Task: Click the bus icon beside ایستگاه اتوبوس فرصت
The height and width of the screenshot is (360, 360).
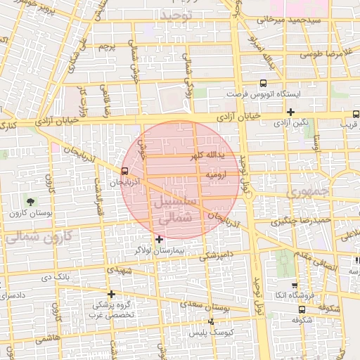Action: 263,83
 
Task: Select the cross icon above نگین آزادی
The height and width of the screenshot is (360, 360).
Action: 290,112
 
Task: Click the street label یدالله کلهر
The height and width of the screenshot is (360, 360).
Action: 212,154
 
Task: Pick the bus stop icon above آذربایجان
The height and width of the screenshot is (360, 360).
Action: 124,171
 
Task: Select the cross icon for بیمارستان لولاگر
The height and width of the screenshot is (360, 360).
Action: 159,239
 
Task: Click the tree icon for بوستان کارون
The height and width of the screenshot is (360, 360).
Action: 29,202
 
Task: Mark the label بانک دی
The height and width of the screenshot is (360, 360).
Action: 56,277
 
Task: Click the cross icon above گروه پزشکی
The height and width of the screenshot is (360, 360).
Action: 110,294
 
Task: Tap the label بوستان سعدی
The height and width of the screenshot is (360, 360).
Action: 212,307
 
